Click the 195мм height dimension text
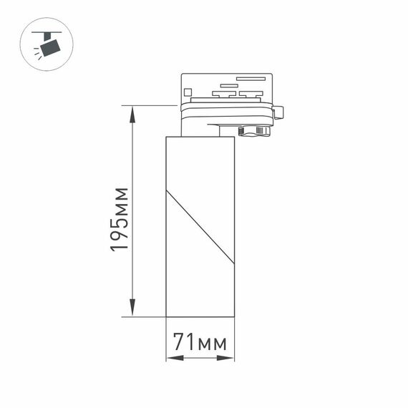119,218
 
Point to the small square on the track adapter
188,91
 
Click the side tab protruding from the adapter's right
278,112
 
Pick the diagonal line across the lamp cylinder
200,225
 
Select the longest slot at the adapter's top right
246,78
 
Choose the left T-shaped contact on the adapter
223,93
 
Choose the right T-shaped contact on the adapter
251,93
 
